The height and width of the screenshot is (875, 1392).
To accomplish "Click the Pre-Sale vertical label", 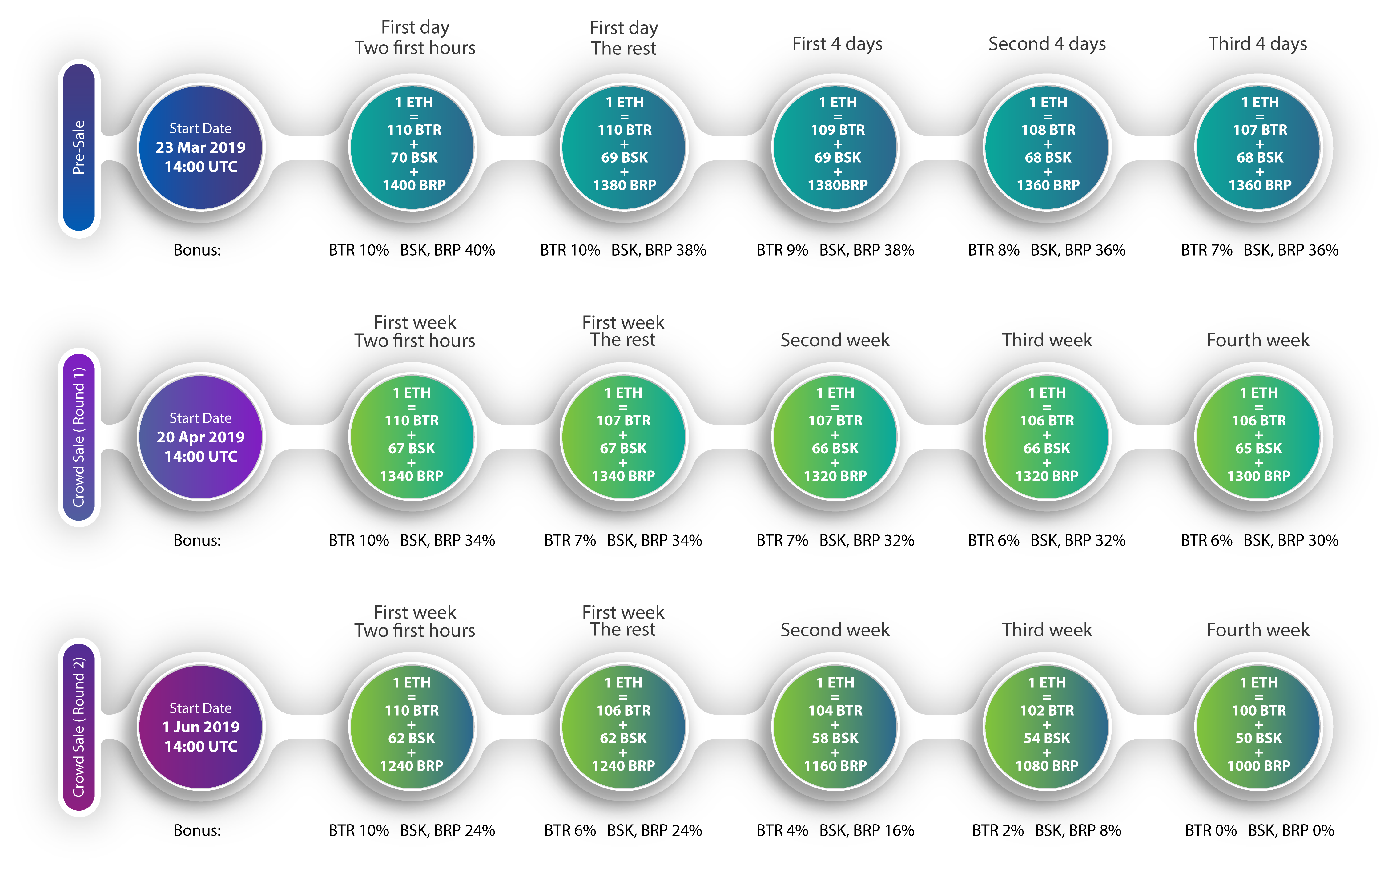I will coord(78,148).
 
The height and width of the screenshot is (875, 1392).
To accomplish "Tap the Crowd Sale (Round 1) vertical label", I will coord(78,437).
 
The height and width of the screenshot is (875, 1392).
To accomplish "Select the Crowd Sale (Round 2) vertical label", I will coord(78,727).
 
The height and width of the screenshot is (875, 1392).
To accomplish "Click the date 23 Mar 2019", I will coord(201,147).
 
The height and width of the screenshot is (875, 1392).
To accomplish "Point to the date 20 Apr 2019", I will coord(201,437).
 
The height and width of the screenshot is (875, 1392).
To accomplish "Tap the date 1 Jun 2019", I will coord(201,727).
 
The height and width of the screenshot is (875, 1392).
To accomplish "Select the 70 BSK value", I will coord(414,157).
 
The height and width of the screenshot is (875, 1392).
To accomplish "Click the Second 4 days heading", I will coord(1047,44).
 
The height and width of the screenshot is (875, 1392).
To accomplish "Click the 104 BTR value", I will coord(835,710).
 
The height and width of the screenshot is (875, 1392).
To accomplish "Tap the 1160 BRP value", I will coord(835,766).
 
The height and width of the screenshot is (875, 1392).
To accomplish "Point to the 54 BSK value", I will coord(1047,738).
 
